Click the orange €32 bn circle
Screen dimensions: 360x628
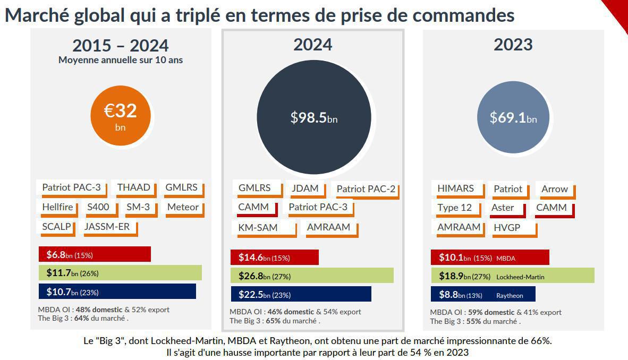[120, 115]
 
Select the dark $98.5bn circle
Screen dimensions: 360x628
[313, 117]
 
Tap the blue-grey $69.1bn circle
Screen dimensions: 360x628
[513, 117]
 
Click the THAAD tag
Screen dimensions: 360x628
[133, 187]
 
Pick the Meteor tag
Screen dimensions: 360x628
[182, 207]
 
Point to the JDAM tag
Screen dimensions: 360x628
[304, 188]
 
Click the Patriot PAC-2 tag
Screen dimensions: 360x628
[366, 188]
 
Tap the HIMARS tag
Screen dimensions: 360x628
[456, 188]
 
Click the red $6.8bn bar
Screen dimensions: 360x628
[95, 254]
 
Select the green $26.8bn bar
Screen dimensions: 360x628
[312, 276]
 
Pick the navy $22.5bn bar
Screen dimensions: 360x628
[301, 294]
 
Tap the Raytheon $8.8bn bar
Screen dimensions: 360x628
[483, 295]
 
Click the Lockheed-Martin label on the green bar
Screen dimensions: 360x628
[520, 277]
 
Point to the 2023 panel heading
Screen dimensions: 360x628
[513, 45]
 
